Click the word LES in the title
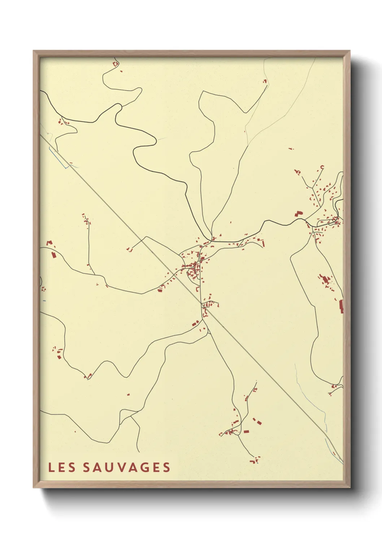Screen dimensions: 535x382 tap(62, 467)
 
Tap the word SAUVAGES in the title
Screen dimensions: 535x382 tap(126, 467)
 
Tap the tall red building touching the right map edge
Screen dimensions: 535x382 tap(341, 306)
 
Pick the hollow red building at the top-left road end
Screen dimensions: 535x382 tap(116, 64)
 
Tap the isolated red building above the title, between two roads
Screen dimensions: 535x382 tap(128, 394)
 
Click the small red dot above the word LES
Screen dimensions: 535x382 tap(75, 432)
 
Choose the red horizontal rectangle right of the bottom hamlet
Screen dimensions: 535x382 tap(246, 431)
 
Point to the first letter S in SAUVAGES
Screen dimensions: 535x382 tap(87, 467)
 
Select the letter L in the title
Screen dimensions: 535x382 tap(51, 467)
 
